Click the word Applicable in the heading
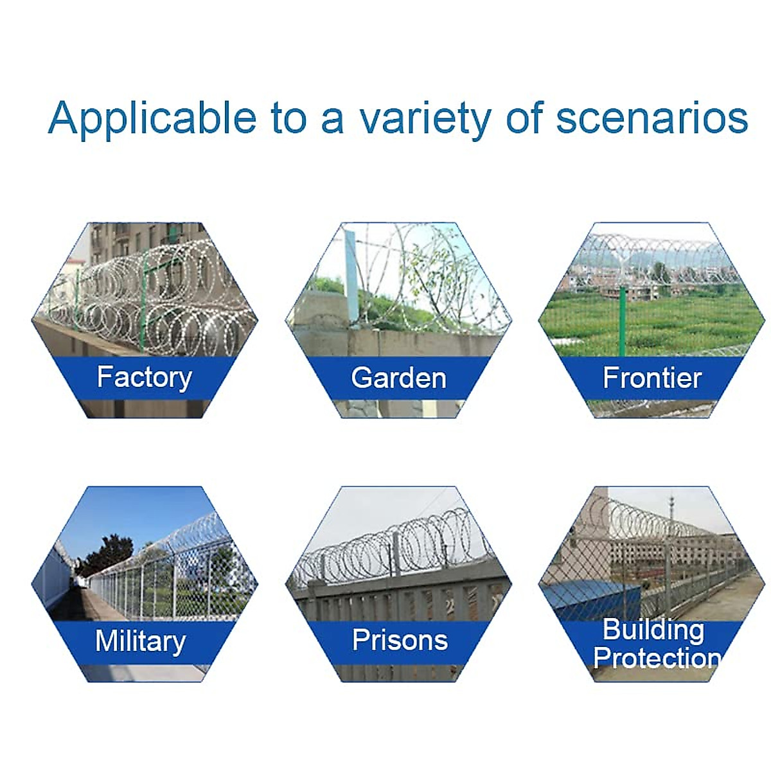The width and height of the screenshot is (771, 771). click(x=152, y=118)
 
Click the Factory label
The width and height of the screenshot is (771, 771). click(x=145, y=377)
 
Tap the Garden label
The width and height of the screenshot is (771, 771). click(x=398, y=378)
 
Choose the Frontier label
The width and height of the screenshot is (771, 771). click(x=652, y=378)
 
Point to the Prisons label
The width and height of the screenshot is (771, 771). click(x=400, y=640)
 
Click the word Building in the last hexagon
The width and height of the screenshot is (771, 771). click(x=653, y=630)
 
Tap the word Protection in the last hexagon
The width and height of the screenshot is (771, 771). click(x=656, y=657)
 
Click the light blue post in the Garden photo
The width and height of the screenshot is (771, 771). click(x=351, y=276)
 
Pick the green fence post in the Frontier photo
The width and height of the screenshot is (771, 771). click(x=622, y=321)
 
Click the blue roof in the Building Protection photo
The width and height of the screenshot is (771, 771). click(x=592, y=601)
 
